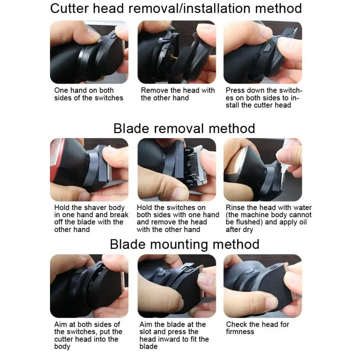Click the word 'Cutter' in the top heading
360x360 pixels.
click(x=69, y=8)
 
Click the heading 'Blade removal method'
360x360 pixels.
click(x=184, y=128)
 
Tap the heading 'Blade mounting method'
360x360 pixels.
click(x=184, y=244)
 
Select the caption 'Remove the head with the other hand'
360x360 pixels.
click(x=178, y=94)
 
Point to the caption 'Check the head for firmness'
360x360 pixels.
click(x=257, y=328)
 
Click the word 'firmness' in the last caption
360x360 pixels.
click(x=240, y=332)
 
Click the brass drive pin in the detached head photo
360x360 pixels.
click(x=174, y=57)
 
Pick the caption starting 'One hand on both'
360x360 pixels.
click(x=89, y=94)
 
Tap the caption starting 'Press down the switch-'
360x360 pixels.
click(x=264, y=98)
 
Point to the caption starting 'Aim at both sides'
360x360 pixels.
click(x=88, y=335)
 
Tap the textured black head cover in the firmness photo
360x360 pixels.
click(x=276, y=287)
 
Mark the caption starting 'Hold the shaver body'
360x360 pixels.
click(x=91, y=218)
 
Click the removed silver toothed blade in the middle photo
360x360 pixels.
click(x=200, y=165)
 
